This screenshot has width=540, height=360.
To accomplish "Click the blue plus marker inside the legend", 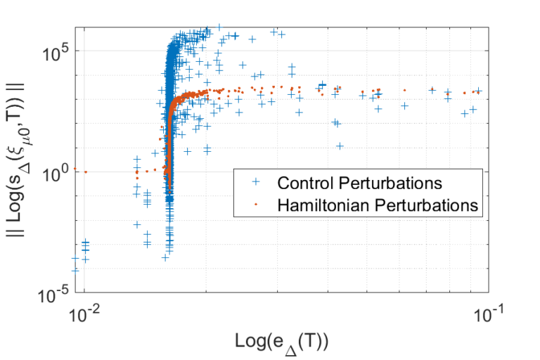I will (255, 183).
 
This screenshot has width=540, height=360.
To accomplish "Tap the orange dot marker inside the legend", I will (255, 205).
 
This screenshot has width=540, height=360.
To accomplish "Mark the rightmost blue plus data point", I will (478, 91).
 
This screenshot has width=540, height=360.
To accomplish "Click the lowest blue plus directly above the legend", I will (340, 146).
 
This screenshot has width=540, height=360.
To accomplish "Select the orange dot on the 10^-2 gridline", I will (84, 172).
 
